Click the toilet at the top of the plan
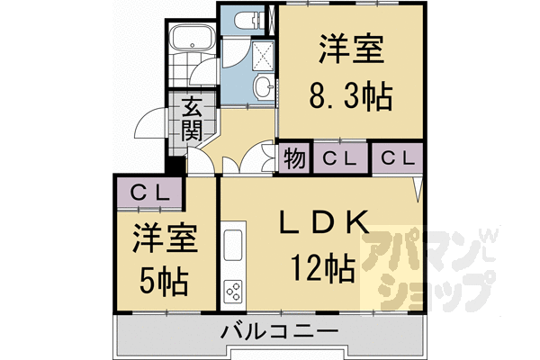[x=245, y=19]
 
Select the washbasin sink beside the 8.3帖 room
[x=264, y=86]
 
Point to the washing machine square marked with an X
[x=264, y=54]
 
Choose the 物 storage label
[x=294, y=158]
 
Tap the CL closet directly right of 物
[x=339, y=158]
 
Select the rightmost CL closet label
[x=398, y=158]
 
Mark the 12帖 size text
[x=321, y=267]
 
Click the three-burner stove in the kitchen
[x=233, y=292]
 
